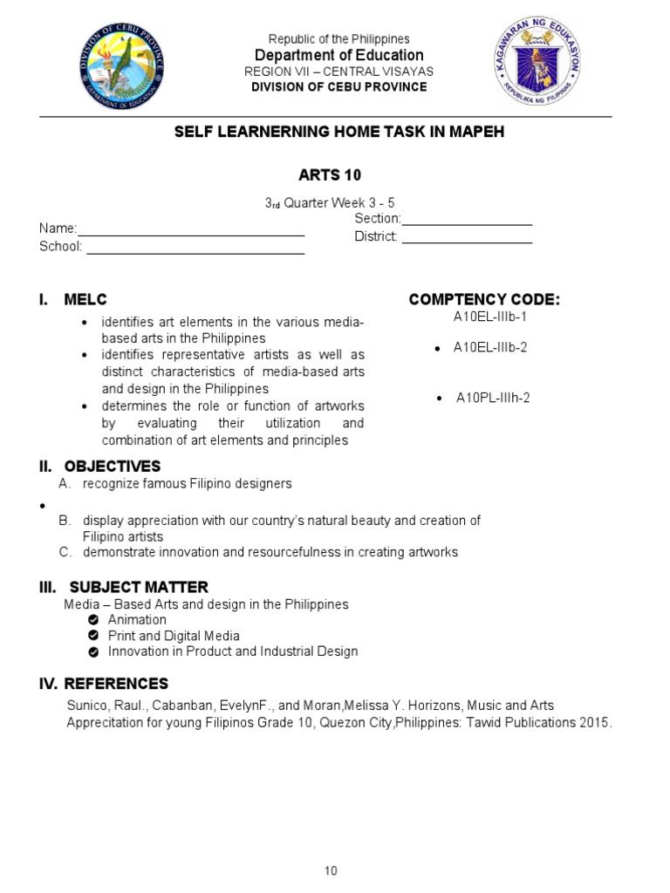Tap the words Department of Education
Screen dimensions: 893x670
tap(339, 55)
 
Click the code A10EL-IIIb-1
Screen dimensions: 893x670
tap(490, 317)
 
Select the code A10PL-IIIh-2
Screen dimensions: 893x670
tap(493, 398)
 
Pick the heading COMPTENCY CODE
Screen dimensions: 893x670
tap(484, 300)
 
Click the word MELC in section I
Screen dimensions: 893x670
tap(85, 300)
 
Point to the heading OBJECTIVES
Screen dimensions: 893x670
tap(115, 467)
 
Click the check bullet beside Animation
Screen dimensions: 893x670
tap(93, 620)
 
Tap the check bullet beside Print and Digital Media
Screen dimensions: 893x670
tap(93, 636)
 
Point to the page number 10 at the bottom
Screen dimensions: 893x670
tap(331, 870)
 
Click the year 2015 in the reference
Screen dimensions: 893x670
tap(596, 723)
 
